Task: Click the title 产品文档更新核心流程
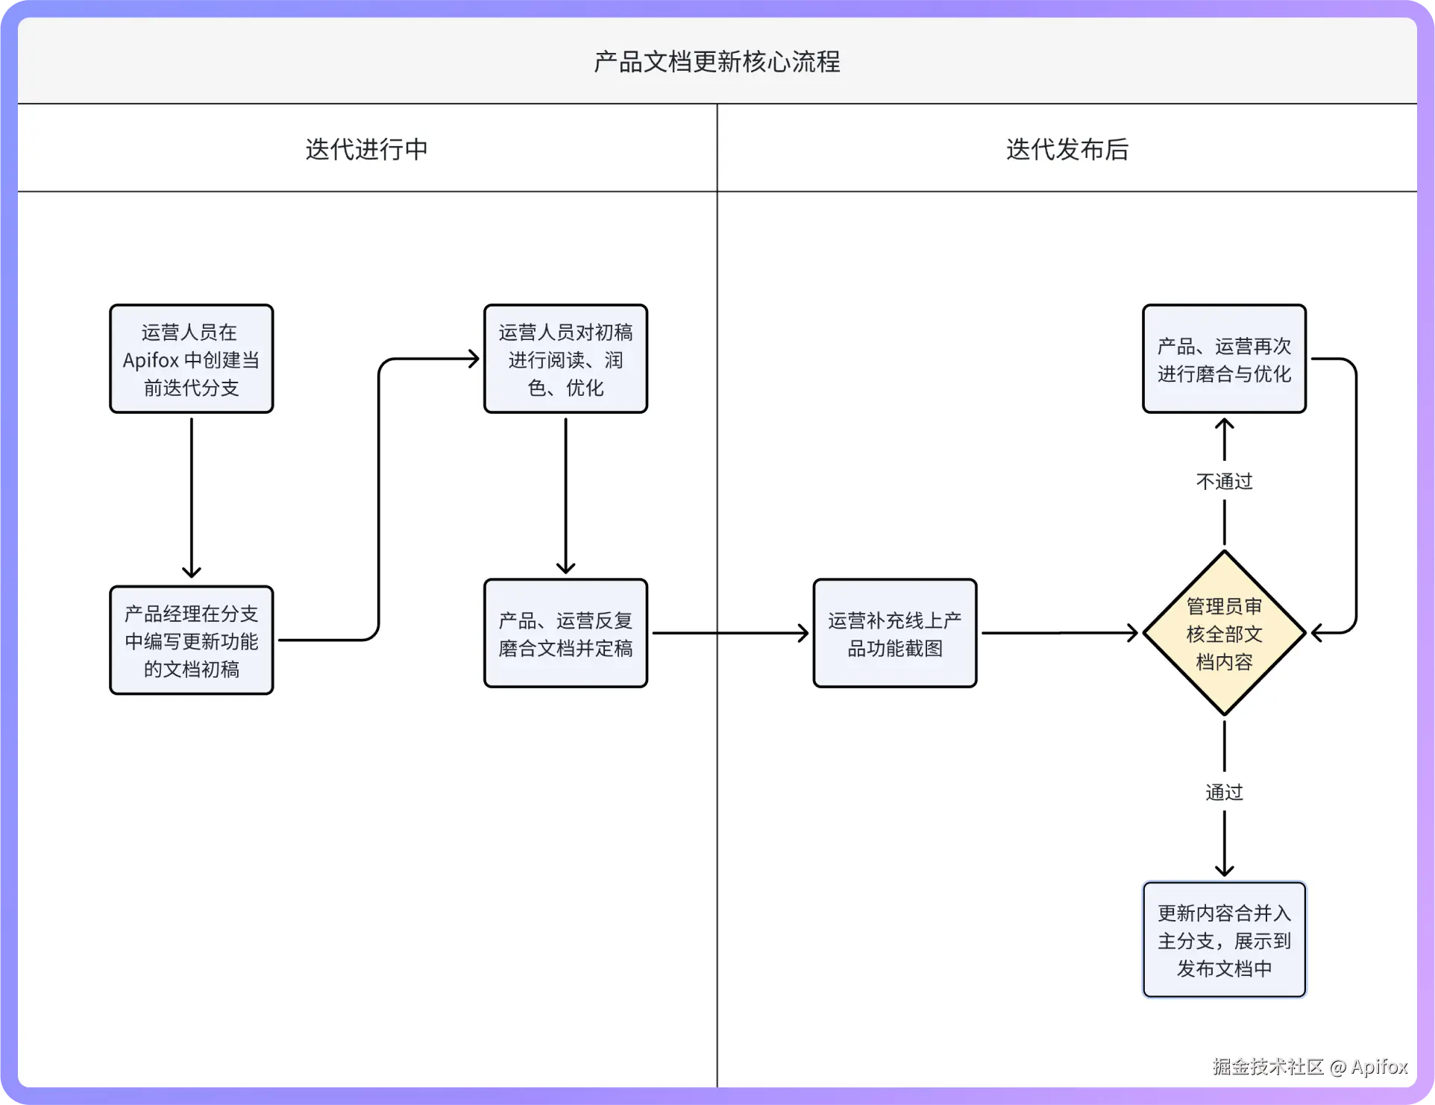point(717,61)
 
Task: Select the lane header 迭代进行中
point(366,149)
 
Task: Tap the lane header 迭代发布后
point(1067,149)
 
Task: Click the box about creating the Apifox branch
point(191,359)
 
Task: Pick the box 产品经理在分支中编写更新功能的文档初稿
point(191,640)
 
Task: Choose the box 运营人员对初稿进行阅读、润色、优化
point(565,359)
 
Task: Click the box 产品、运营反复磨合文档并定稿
point(565,633)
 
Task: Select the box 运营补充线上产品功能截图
point(894,633)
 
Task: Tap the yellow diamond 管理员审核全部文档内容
point(1224,633)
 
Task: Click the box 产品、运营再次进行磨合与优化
point(1224,359)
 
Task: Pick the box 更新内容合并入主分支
point(1224,939)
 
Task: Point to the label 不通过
point(1224,482)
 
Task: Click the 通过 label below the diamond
point(1224,792)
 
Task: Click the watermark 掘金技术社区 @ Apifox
point(1310,1066)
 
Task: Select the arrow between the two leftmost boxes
point(192,496)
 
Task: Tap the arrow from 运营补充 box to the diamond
point(1059,633)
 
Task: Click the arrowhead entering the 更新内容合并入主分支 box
point(1224,869)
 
